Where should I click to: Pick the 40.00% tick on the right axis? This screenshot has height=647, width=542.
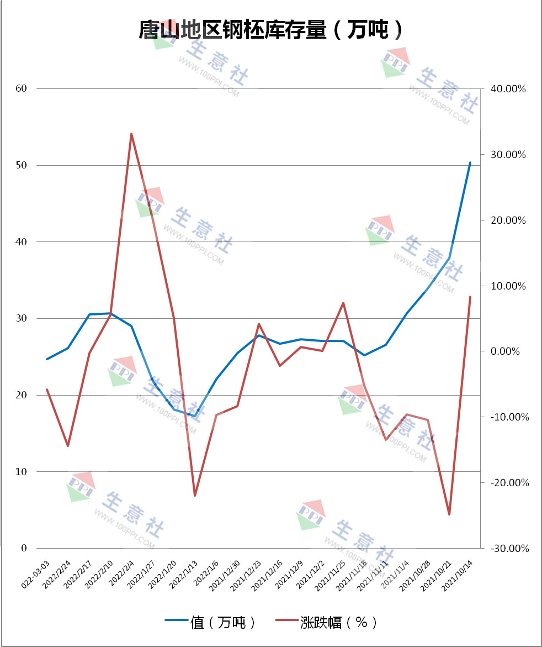click(x=511, y=89)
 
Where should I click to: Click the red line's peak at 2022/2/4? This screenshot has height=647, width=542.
click(x=131, y=134)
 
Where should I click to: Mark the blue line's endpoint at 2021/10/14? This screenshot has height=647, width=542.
click(x=470, y=162)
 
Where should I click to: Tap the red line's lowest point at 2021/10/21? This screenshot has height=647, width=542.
click(x=449, y=514)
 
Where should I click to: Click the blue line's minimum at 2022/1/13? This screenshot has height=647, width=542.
click(x=195, y=416)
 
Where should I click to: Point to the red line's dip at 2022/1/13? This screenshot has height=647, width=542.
click(x=195, y=495)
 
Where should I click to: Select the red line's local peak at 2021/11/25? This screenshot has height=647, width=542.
click(x=343, y=303)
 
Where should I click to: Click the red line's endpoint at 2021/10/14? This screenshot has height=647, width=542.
click(x=470, y=297)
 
